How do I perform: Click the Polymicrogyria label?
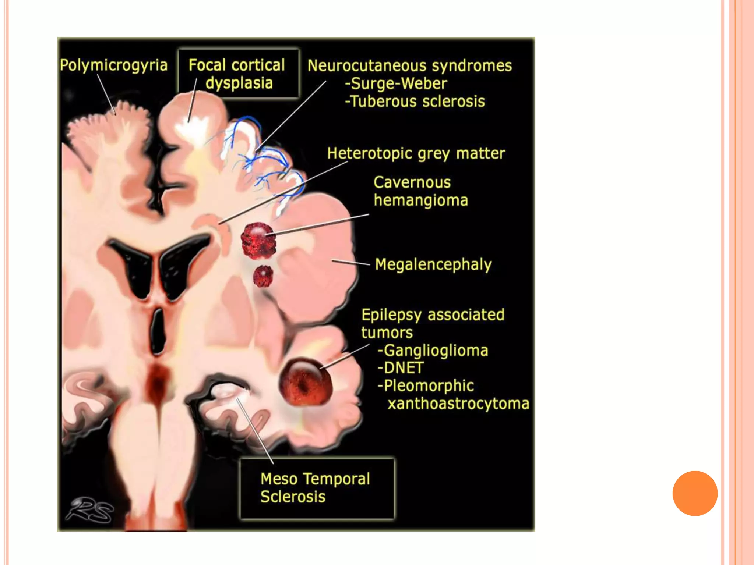pyautogui.click(x=114, y=65)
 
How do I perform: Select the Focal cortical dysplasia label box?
pyautogui.click(x=238, y=74)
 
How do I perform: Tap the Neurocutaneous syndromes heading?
pyautogui.click(x=409, y=66)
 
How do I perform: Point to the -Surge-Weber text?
pyautogui.click(x=396, y=83)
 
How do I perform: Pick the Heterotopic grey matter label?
pyautogui.click(x=416, y=153)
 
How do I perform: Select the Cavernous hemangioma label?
pyautogui.click(x=420, y=191)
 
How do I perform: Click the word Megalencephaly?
pyautogui.click(x=433, y=264)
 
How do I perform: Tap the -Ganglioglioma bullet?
pyautogui.click(x=433, y=351)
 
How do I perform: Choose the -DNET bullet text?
pyautogui.click(x=401, y=368)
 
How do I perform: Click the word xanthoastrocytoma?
pyautogui.click(x=458, y=404)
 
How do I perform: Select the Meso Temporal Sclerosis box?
pyautogui.click(x=317, y=488)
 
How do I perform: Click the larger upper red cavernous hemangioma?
pyautogui.click(x=258, y=241)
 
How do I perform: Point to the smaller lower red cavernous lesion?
pyautogui.click(x=263, y=276)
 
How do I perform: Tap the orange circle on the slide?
pyautogui.click(x=695, y=493)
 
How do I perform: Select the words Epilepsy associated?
pyautogui.click(x=433, y=315)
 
